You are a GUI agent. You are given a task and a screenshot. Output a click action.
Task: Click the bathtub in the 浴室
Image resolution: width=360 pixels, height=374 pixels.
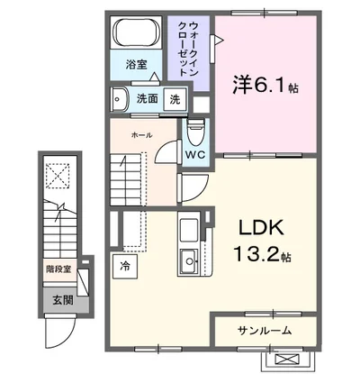click(136, 32)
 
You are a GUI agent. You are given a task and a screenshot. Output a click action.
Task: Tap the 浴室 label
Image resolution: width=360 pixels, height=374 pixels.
click(136, 64)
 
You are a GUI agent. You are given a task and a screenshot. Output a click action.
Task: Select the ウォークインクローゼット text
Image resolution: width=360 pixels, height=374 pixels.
click(188, 49)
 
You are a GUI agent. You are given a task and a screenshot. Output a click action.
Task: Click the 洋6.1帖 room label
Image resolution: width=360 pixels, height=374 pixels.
click(265, 85)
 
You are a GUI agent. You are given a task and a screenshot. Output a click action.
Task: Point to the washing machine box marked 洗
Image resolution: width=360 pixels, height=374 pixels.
click(175, 99)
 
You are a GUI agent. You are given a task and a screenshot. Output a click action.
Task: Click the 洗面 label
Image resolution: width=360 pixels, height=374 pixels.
click(147, 98)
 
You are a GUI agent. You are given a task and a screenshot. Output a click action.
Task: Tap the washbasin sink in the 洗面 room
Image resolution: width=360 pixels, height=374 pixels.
click(119, 99)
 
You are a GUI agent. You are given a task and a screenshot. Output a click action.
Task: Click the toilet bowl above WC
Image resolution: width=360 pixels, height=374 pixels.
click(195, 132)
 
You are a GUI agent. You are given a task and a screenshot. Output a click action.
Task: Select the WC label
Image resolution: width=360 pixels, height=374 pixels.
click(195, 155)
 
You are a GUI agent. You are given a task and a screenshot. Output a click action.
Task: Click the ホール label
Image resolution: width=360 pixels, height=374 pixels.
click(141, 135)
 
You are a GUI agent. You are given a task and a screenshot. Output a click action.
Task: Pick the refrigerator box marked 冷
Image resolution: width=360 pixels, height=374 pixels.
click(125, 267)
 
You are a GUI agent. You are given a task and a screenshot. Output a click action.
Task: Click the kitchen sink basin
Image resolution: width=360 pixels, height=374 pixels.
click(189, 261)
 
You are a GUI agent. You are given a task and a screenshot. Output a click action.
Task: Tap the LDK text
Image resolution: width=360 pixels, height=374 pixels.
click(261, 229)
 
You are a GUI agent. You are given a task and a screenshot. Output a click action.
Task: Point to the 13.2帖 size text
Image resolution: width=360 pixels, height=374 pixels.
click(262, 254)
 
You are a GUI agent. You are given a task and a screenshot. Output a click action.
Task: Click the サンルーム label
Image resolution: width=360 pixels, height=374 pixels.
click(265, 331)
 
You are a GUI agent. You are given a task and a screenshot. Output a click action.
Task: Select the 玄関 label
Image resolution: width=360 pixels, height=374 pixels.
click(63, 300)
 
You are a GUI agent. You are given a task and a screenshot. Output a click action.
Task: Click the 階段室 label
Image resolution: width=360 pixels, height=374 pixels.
click(58, 269)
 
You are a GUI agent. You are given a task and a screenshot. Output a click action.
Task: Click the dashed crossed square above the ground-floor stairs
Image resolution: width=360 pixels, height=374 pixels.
click(58, 176)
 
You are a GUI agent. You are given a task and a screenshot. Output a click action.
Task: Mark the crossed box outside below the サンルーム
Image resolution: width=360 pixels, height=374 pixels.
click(287, 359)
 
